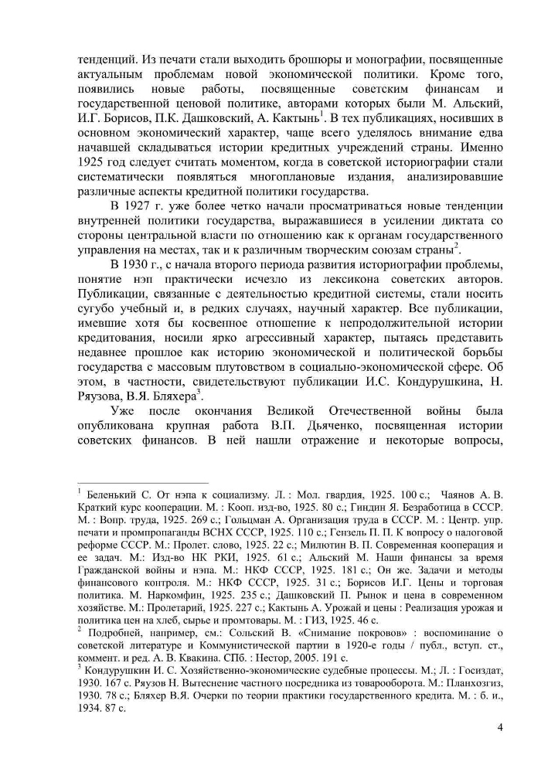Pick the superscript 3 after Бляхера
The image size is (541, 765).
pyautogui.click(x=199, y=392)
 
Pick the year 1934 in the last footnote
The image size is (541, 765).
pyautogui.click(x=93, y=700)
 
